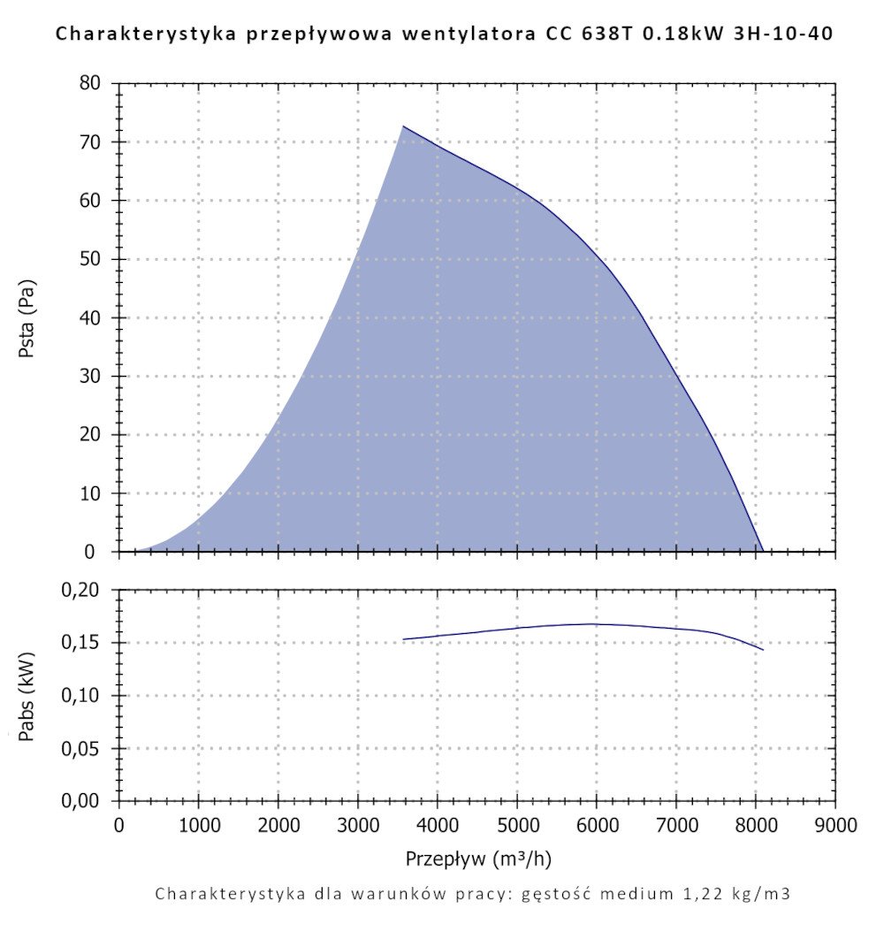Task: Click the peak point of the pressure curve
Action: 403,126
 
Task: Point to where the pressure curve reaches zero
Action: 763,551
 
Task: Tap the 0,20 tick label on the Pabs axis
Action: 87,590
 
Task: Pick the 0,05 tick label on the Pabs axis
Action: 87,749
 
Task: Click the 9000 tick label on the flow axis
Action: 835,826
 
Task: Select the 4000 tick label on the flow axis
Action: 438,826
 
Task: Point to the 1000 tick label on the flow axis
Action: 198,826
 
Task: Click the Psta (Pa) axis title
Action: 27,317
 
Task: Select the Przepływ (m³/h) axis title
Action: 479,858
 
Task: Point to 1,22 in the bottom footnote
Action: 700,893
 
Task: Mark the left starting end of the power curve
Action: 403,639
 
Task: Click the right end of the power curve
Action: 763,650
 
